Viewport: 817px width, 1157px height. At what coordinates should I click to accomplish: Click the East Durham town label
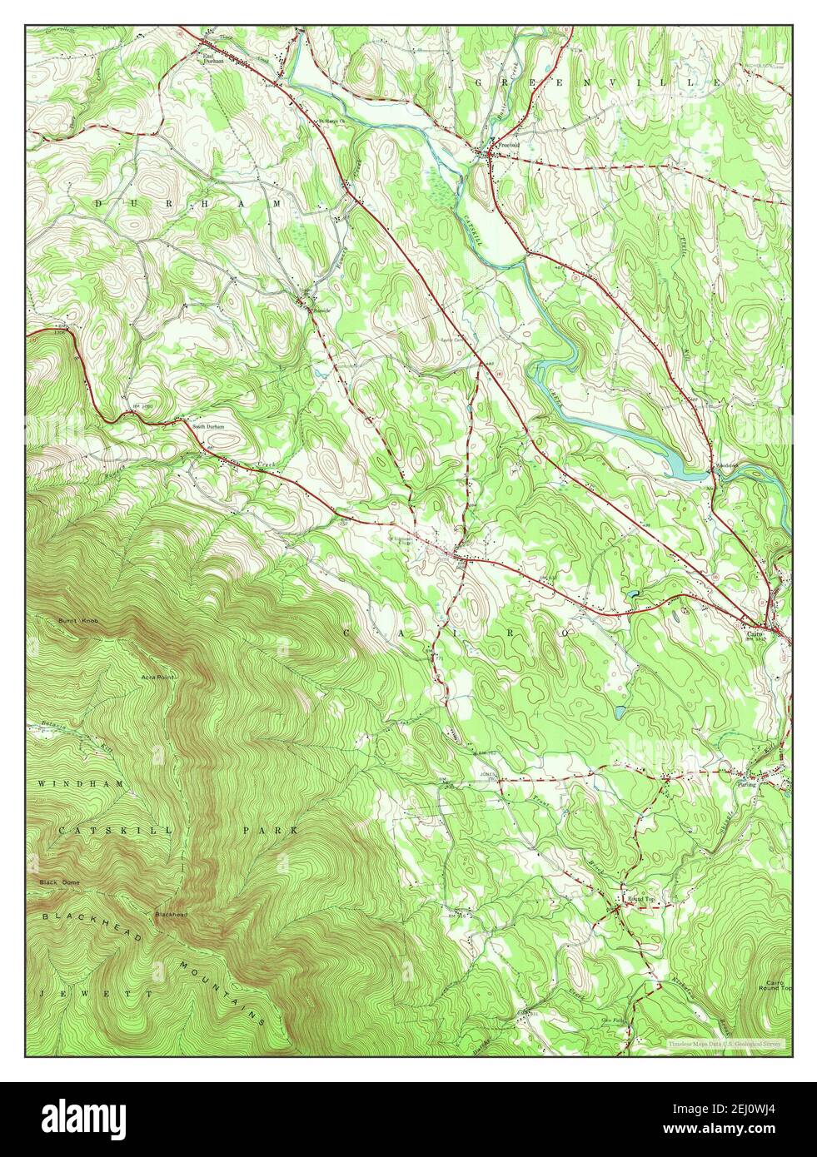click(214, 59)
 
